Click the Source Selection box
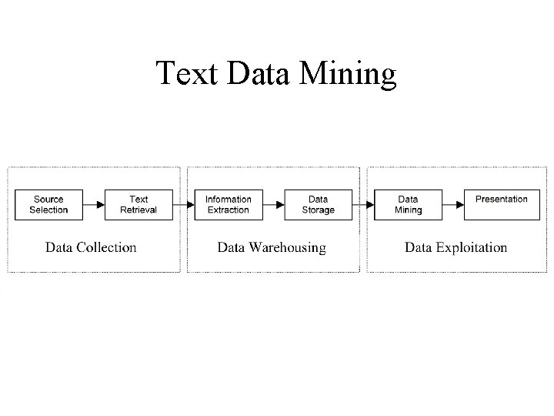[x=48, y=204]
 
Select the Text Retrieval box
[x=138, y=204]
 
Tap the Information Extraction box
[x=229, y=204]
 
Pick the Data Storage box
[x=318, y=204]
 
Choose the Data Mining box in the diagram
[x=408, y=204]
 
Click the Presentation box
[x=501, y=204]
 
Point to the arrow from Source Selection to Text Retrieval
[x=93, y=205]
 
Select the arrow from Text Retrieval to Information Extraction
[x=183, y=205]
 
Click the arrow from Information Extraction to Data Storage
[x=273, y=205]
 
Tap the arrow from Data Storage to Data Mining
[x=362, y=205]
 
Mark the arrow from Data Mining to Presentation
[x=453, y=205]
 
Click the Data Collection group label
[x=91, y=247]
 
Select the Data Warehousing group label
[x=272, y=247]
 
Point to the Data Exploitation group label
[x=456, y=247]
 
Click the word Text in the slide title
[x=189, y=74]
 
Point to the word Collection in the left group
[x=106, y=247]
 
